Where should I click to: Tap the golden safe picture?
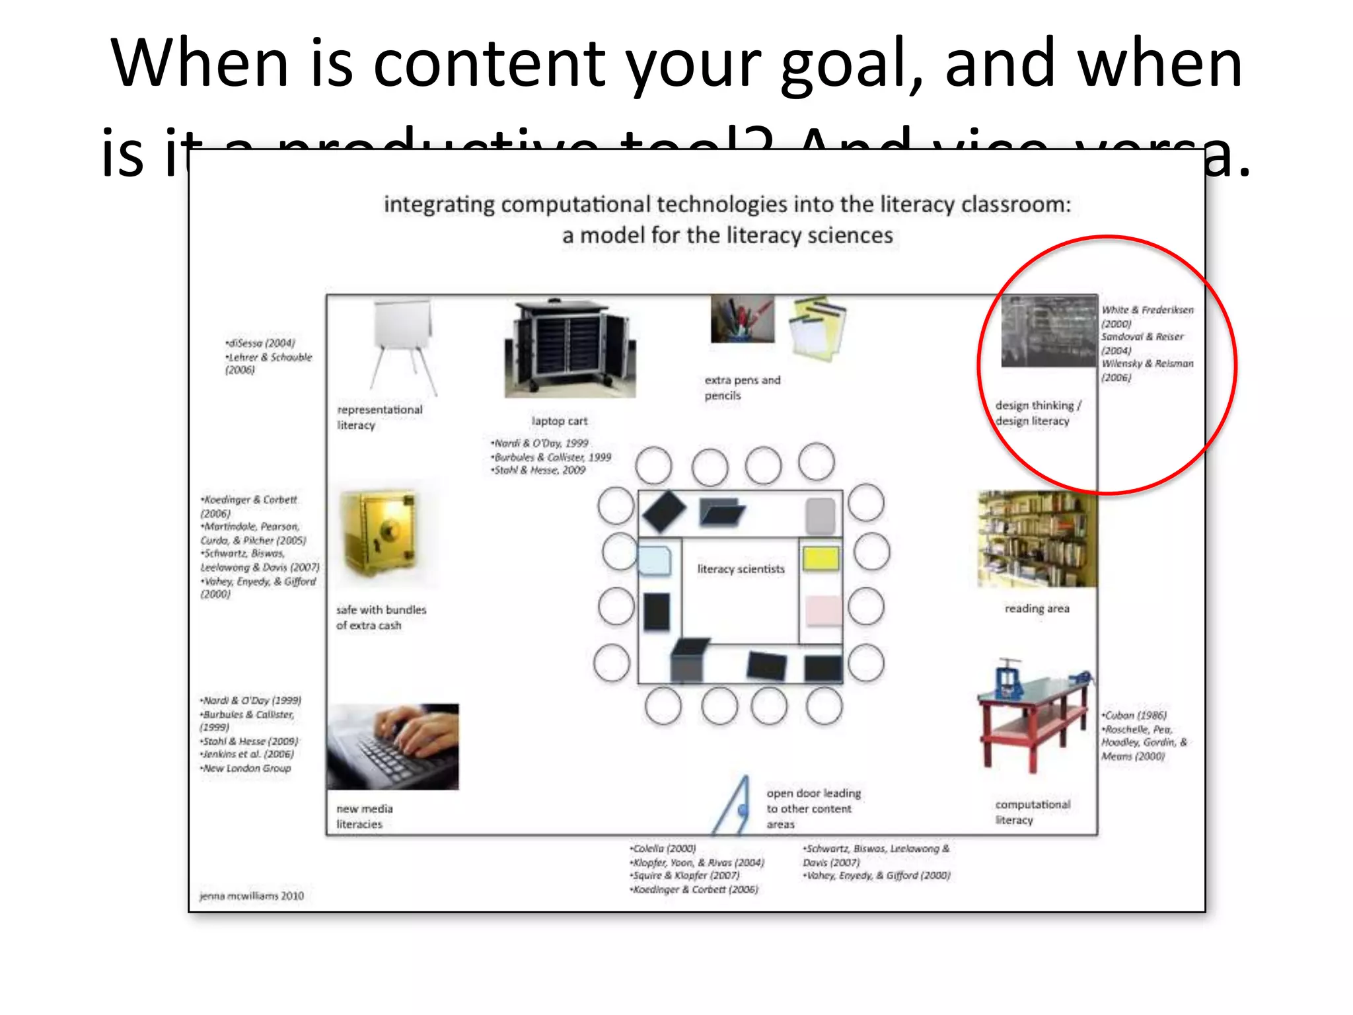(379, 533)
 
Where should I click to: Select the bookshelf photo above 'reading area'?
(1037, 539)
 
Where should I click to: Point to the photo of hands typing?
(392, 746)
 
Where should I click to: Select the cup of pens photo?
(742, 319)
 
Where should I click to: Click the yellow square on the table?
(821, 558)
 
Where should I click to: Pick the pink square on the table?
(823, 609)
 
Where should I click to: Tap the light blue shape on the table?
(655, 561)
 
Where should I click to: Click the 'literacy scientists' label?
(741, 569)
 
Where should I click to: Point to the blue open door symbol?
(734, 807)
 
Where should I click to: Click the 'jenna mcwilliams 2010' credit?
(251, 896)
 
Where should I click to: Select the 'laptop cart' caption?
(559, 421)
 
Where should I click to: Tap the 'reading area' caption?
(1037, 609)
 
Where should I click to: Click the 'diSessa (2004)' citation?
(260, 343)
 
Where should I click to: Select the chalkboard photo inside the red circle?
(1048, 331)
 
